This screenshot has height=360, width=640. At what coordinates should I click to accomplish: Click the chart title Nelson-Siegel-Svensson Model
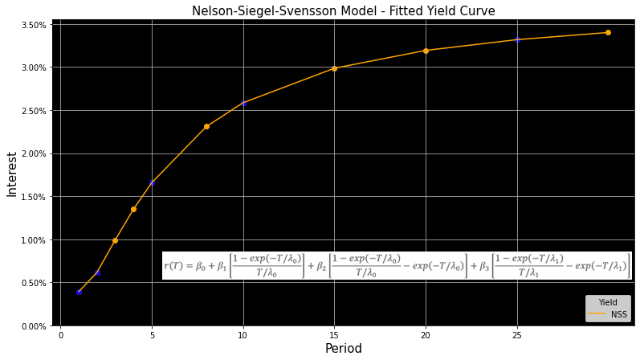click(343, 11)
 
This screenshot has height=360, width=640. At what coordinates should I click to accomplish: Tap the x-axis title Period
click(343, 349)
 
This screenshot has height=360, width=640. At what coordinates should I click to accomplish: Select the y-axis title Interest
click(12, 174)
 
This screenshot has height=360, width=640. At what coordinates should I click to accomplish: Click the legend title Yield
click(608, 303)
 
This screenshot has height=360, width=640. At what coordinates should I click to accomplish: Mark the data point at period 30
click(608, 33)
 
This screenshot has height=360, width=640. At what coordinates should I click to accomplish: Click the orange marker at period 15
click(334, 68)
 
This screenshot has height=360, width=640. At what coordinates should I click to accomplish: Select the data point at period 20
click(426, 51)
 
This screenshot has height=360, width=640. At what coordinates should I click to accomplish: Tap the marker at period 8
click(206, 126)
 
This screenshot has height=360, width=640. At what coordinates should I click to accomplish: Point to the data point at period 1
click(79, 292)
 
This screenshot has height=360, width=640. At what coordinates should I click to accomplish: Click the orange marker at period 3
click(115, 240)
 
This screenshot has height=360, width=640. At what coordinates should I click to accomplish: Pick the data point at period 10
click(243, 103)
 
